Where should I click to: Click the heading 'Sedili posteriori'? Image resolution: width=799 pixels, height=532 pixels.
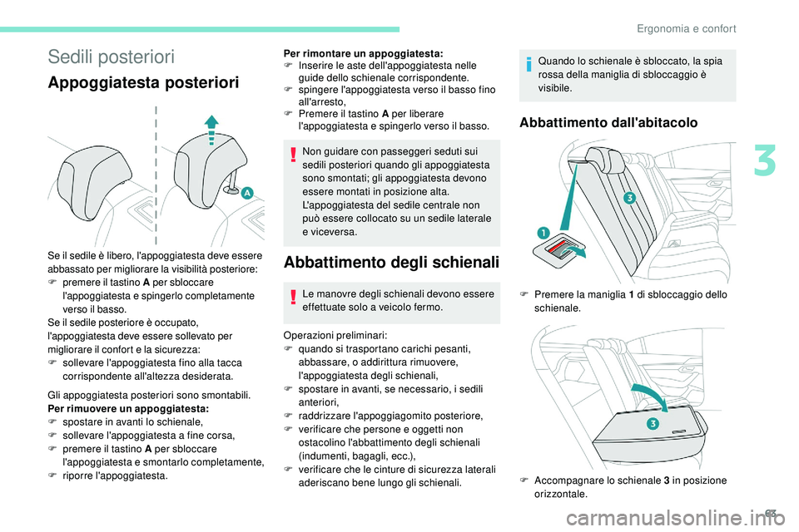tap(111, 57)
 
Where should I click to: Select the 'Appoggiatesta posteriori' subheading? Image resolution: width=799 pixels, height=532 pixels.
tap(143, 83)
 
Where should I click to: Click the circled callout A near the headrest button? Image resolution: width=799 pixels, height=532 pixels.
tap(248, 193)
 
